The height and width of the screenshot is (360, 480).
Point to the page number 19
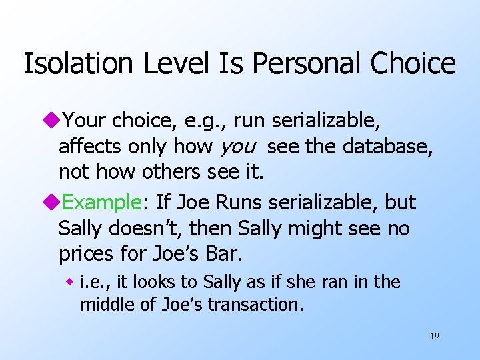(x=434, y=336)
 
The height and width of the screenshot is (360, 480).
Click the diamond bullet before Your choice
(x=53, y=121)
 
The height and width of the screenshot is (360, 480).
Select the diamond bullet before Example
(x=53, y=203)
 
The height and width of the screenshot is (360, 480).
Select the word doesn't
(x=141, y=229)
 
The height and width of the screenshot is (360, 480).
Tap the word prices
(x=86, y=255)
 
